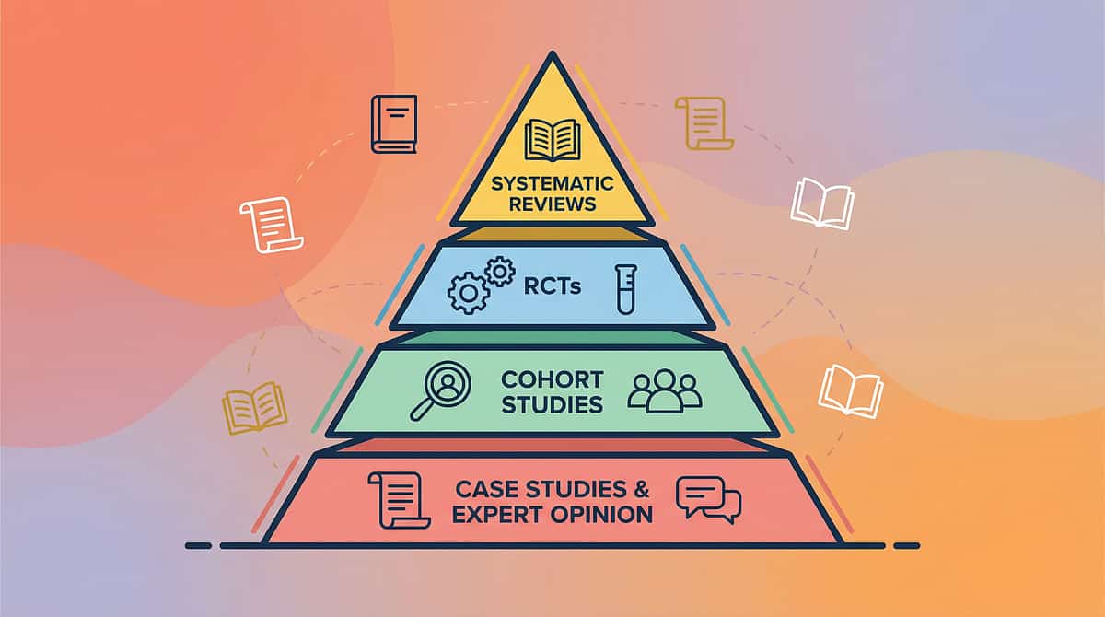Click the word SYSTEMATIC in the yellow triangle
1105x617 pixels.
[552, 183]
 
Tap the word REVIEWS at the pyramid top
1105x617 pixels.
[552, 204]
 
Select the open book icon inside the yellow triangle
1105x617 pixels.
[552, 139]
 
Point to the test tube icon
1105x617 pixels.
[626, 288]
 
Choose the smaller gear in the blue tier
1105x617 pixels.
[499, 272]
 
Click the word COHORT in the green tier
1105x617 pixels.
[552, 379]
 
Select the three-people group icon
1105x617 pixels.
[664, 390]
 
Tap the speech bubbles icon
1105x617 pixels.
[708, 500]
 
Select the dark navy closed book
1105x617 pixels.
[394, 124]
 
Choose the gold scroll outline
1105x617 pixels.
[704, 122]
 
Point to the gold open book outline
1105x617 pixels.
[254, 408]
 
